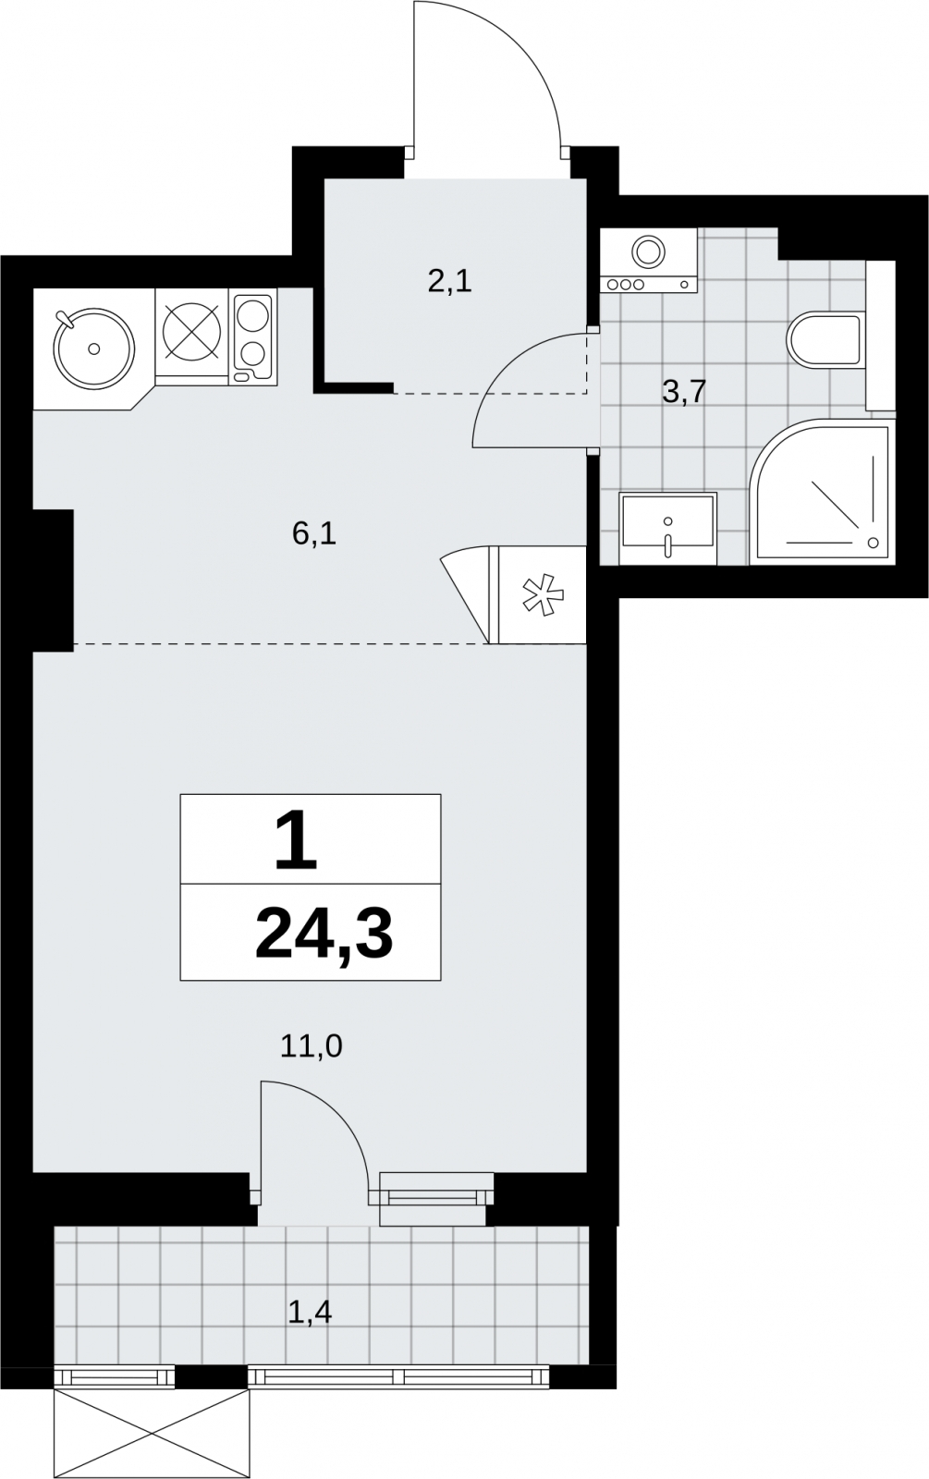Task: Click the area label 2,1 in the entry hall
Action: tap(449, 283)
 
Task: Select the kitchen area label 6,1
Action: tap(314, 533)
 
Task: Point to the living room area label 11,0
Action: tap(311, 1046)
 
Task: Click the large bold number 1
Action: tap(297, 841)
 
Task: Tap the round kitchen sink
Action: tap(95, 347)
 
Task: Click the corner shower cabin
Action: tap(822, 491)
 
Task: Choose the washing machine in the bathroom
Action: tap(649, 260)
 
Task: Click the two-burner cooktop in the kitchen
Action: tap(253, 338)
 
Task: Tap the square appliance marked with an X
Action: tap(190, 332)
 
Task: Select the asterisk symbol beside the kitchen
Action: tap(543, 596)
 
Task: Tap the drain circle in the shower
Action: tap(873, 543)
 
